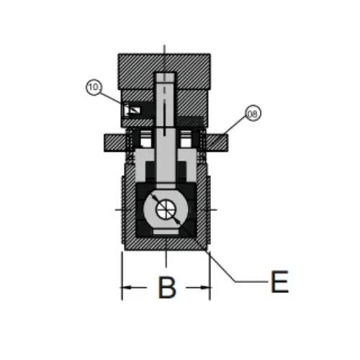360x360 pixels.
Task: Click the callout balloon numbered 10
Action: point(94,87)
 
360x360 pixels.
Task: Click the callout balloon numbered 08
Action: point(253,113)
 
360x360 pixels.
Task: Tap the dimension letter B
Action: point(167,287)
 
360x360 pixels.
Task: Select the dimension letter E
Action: point(279,282)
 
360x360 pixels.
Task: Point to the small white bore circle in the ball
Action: point(166,209)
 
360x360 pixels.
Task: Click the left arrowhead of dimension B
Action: point(127,287)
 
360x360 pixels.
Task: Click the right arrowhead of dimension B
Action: point(205,287)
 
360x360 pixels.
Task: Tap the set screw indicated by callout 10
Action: point(131,110)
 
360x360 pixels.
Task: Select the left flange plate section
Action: point(115,143)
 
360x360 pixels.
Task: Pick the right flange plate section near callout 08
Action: point(216,143)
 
